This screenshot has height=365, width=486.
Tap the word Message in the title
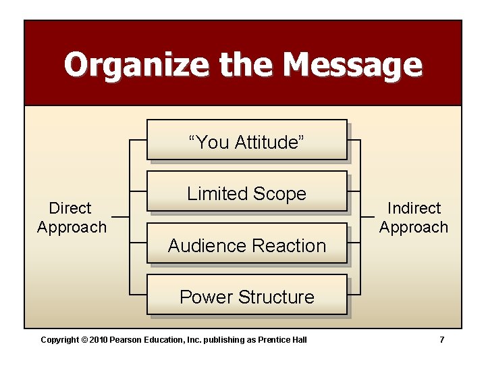pos(352,65)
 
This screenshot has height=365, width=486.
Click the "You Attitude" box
pos(246,142)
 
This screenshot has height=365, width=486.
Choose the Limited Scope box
pos(246,194)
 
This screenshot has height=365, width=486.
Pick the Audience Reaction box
pos(246,245)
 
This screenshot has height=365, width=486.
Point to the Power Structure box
pos(246,297)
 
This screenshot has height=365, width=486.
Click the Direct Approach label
pos(72,218)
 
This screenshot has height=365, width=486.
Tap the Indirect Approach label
pos(414,218)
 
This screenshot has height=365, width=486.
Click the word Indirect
pos(414,208)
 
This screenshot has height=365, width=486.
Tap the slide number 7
pos(442,339)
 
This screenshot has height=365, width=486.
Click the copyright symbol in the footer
pos(85,339)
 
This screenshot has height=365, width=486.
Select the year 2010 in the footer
pos(99,339)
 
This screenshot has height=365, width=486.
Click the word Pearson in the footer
pos(126,339)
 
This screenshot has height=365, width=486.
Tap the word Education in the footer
pos(163,339)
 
